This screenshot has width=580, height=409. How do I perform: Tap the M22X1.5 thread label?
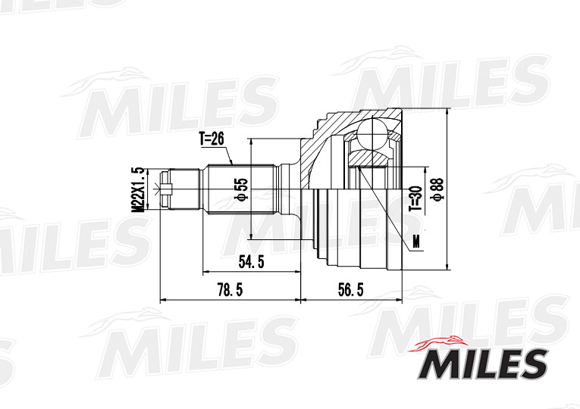coord(138,189)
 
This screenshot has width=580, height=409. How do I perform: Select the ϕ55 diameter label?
coord(241,190)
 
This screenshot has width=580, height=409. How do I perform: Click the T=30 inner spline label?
coord(415,198)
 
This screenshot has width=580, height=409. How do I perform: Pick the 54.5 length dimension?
coord(251,262)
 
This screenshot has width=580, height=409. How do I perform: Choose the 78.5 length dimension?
coord(230,290)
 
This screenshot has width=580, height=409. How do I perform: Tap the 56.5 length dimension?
coord(351,290)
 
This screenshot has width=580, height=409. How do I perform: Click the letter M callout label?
coord(416,242)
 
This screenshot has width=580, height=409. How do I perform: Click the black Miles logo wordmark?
coord(482,364)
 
